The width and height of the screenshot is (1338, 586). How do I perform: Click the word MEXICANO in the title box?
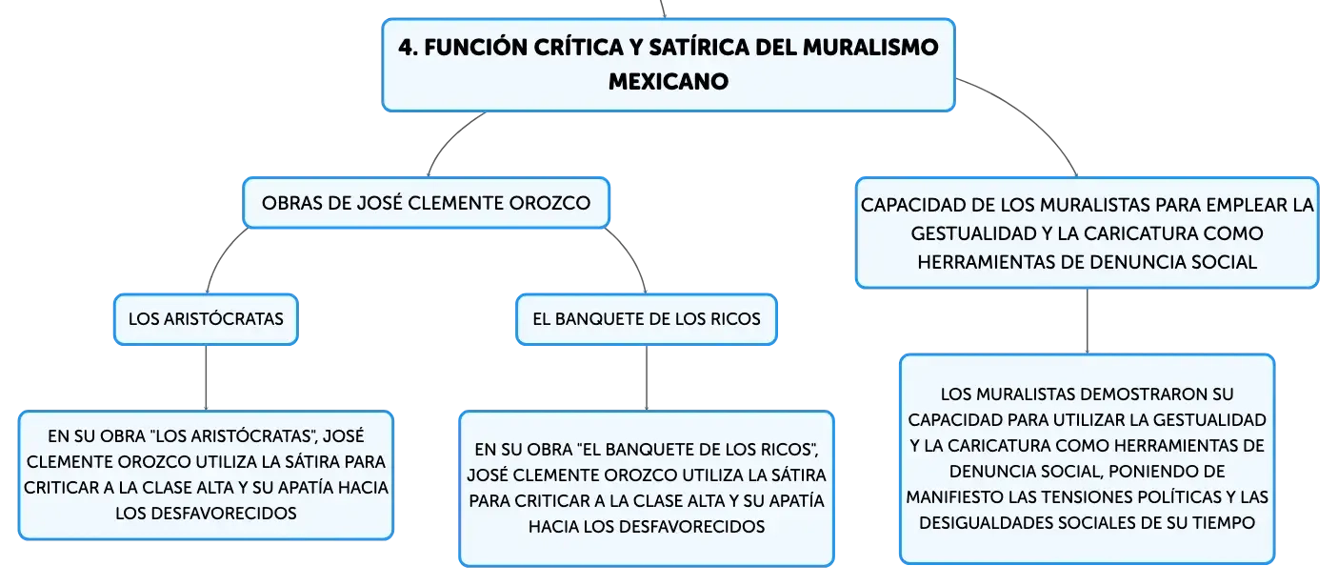[669, 81]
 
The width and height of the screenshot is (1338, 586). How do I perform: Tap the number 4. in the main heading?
[408, 48]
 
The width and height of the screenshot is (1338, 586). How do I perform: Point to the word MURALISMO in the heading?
[870, 48]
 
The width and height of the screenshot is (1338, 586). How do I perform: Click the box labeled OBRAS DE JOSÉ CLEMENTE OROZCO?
[426, 203]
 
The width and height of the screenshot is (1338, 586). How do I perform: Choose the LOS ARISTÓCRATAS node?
[206, 319]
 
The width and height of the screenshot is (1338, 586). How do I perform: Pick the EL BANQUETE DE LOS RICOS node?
[647, 319]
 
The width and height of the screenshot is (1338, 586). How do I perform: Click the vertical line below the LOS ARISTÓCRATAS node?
[206, 378]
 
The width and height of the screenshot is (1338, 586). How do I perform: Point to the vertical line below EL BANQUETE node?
[647, 378]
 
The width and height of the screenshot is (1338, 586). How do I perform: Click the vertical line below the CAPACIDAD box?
[1088, 321]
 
